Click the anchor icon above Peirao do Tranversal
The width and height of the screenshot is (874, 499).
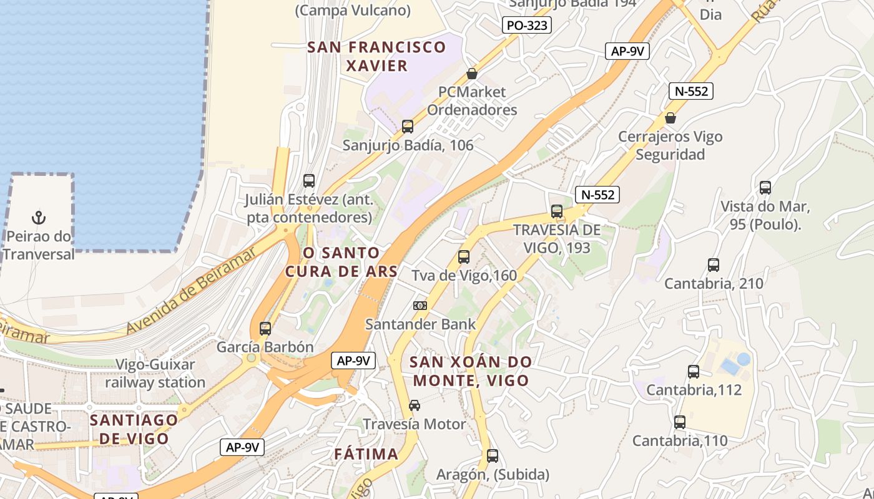pos(39,218)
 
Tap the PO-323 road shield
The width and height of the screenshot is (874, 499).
pos(527,25)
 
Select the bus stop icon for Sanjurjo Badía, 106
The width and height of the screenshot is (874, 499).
pos(408,127)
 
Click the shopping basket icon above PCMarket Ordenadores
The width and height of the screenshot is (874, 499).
pos(472,74)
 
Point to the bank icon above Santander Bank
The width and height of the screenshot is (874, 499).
pos(420,306)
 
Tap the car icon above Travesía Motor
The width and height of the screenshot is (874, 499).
pos(415,405)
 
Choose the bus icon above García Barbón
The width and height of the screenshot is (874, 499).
pos(265,328)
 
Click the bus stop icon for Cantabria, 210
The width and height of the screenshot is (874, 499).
pos(714,265)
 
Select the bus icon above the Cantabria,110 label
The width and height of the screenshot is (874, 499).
pos(680,422)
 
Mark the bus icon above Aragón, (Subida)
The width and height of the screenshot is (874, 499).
pos(493,456)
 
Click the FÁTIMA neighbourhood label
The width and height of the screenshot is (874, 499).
pos(366,454)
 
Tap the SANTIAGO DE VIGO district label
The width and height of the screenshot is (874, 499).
pos(134,429)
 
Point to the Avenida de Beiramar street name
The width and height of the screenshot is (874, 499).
pos(191,289)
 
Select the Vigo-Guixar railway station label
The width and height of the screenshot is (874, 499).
pos(155,374)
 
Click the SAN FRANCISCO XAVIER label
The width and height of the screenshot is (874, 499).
pos(377,56)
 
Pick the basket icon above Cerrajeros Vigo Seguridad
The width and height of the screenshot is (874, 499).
pos(670,118)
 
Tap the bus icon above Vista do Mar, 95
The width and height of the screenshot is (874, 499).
pos(765,188)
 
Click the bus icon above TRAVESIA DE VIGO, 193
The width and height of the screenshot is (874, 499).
pos(557,211)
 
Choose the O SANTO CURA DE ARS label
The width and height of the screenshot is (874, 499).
pos(341,262)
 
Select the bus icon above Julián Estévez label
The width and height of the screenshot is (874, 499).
pos(309,181)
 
